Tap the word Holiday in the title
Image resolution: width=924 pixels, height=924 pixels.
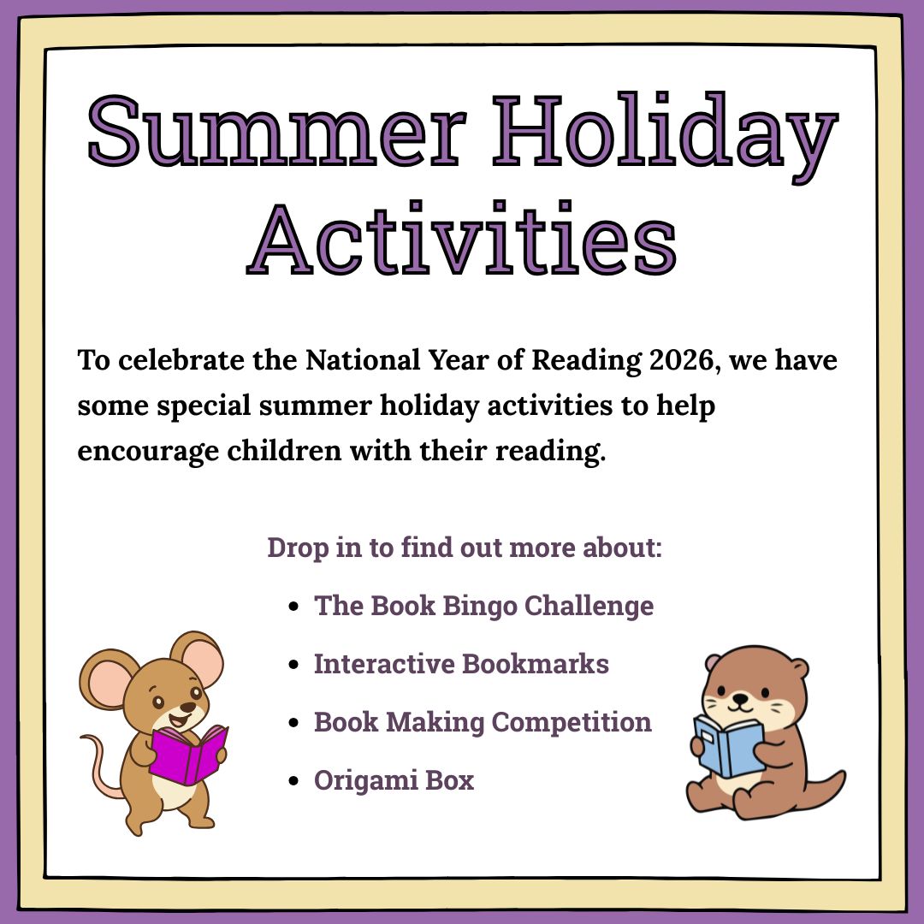click(666, 137)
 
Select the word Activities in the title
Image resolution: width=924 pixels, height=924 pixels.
click(462, 238)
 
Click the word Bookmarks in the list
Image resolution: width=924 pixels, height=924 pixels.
click(535, 664)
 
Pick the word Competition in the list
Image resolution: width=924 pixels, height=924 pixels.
click(572, 722)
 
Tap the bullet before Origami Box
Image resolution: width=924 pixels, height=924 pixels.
click(294, 781)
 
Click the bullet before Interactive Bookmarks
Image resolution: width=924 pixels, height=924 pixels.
click(294, 665)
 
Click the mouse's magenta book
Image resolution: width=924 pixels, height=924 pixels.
click(188, 755)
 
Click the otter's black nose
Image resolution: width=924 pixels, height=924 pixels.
click(739, 698)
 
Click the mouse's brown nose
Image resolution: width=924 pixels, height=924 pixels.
click(187, 707)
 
